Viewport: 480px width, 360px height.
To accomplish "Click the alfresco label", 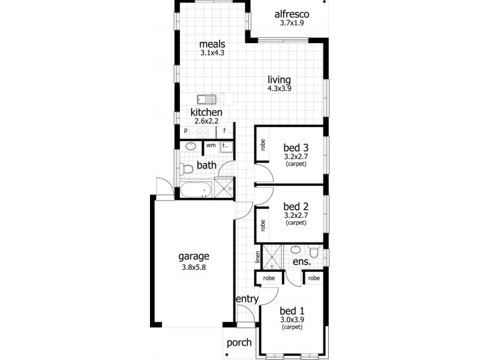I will [x=291, y=14].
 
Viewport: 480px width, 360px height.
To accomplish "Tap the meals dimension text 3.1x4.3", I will [x=212, y=53].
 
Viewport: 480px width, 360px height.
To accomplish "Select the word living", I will [x=279, y=79].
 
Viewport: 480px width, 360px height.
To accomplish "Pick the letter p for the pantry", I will [x=186, y=130].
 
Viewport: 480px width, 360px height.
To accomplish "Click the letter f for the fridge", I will [x=225, y=130].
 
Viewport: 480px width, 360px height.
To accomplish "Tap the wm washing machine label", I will [x=211, y=145].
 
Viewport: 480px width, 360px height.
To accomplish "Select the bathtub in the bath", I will [x=195, y=190].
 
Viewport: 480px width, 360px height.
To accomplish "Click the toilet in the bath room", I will [x=187, y=168].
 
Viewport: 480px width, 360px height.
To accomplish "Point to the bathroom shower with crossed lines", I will [x=223, y=187].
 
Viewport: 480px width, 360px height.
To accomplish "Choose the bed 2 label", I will [x=295, y=206].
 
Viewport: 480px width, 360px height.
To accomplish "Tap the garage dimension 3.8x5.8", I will [x=194, y=268].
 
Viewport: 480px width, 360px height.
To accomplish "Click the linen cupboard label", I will [x=258, y=257].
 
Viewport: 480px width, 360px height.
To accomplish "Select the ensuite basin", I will [x=295, y=250].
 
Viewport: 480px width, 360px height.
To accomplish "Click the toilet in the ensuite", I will [x=314, y=251].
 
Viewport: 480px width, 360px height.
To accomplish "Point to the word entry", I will [x=247, y=299].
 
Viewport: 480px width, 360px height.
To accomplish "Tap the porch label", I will [x=238, y=343].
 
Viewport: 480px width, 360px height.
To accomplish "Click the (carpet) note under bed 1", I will [x=292, y=328].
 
